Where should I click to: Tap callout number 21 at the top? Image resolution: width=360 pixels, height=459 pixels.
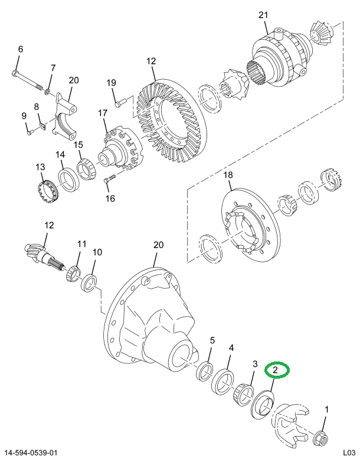pos(263,16)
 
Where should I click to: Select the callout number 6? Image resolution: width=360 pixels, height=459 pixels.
pos(20,50)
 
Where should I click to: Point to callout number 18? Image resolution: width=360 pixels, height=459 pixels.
pos(228,175)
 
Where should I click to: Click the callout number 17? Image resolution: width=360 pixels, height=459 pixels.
pos(103,113)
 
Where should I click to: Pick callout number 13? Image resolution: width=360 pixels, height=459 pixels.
pos(40,168)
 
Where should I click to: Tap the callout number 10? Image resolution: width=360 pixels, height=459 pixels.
pos(97,252)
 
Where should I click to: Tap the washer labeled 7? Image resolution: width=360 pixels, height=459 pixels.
pos(49,92)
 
